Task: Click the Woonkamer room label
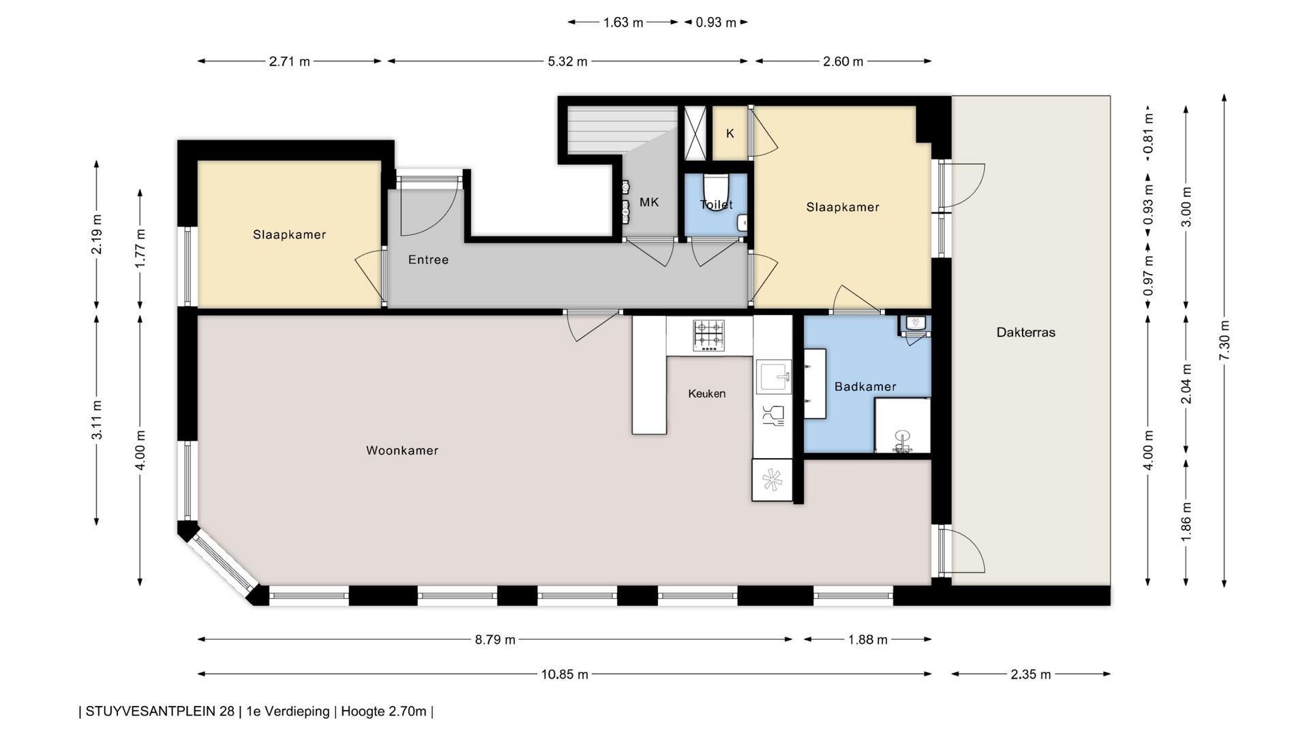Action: click(402, 450)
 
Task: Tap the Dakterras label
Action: click(1025, 333)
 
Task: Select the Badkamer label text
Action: click(865, 386)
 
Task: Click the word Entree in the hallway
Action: click(428, 260)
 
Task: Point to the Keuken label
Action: click(706, 393)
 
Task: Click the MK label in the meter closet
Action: click(649, 202)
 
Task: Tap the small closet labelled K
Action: click(730, 134)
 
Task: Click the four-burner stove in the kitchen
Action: click(709, 336)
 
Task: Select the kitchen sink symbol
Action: click(774, 376)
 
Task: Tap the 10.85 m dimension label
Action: click(565, 675)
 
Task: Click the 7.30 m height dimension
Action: click(1224, 341)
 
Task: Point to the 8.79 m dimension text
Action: click(495, 640)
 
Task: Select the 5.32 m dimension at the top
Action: click(567, 61)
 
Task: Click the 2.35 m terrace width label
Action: click(1031, 675)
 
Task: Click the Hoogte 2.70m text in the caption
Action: click(383, 711)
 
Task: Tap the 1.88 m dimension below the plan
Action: click(868, 640)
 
